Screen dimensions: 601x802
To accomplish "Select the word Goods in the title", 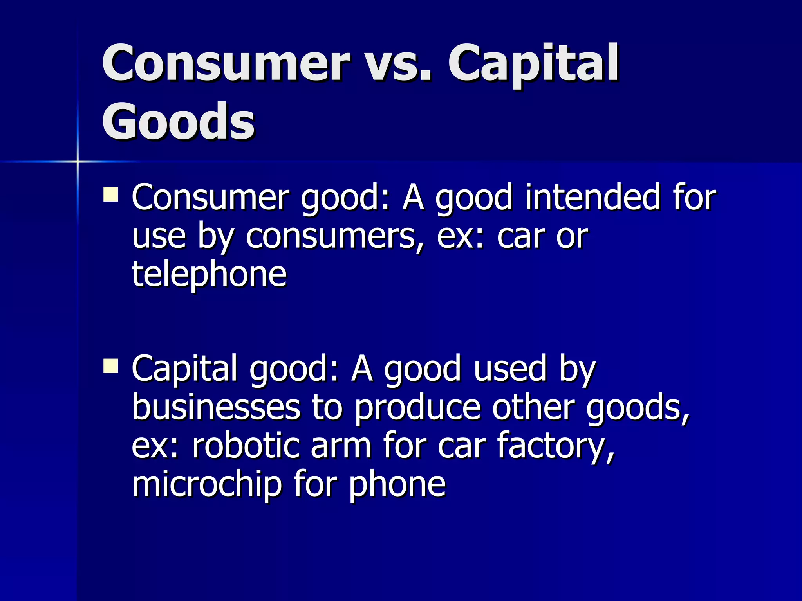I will (178, 121).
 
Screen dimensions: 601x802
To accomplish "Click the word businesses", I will (216, 408).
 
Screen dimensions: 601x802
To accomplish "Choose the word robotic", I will (246, 446).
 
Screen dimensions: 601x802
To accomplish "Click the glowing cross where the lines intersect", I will (78, 161).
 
